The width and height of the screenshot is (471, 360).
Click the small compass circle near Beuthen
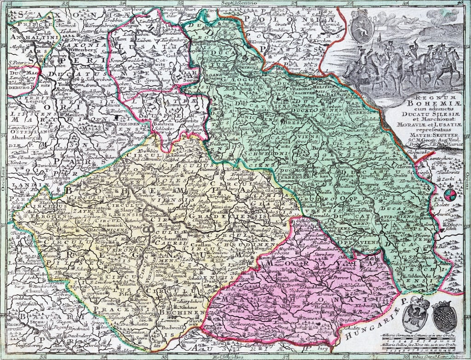[x=451, y=195]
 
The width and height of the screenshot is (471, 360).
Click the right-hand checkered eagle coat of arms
[x=444, y=317]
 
